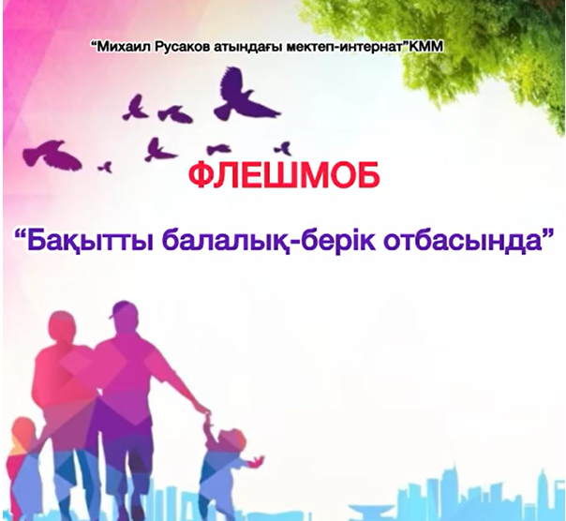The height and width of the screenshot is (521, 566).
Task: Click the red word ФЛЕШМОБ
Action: click(x=285, y=175)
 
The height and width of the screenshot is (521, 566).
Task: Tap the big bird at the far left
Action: click(x=52, y=156)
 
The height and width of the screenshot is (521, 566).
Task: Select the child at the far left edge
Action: click(x=22, y=466)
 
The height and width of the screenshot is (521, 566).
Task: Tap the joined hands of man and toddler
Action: click(x=206, y=414)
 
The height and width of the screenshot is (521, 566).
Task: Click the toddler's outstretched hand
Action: click(x=258, y=460)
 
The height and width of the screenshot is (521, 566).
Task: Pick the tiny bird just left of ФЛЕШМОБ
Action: click(x=106, y=167)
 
